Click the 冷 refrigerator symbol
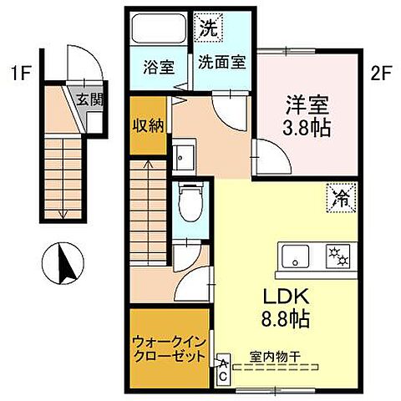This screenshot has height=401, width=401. click(338, 198)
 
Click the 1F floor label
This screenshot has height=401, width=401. click(21, 73)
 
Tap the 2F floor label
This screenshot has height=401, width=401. click(381, 73)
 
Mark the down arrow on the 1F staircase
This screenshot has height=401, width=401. click(63, 213)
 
